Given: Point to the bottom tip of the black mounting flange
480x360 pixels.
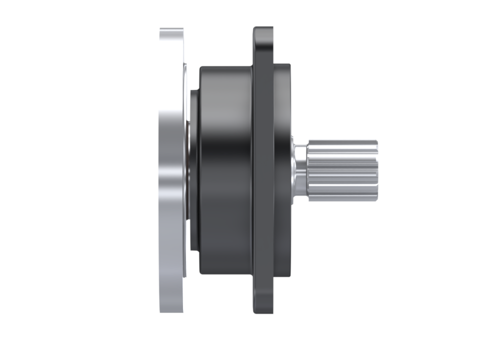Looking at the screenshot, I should [263, 311].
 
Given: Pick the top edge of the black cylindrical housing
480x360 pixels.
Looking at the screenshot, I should [225, 67].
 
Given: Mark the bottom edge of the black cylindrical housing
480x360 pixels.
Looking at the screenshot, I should [225, 273].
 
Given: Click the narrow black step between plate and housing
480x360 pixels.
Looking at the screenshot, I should [193, 170].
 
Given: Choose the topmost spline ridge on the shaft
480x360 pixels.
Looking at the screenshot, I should [342, 142].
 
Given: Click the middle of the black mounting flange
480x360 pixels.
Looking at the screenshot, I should [263, 170].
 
